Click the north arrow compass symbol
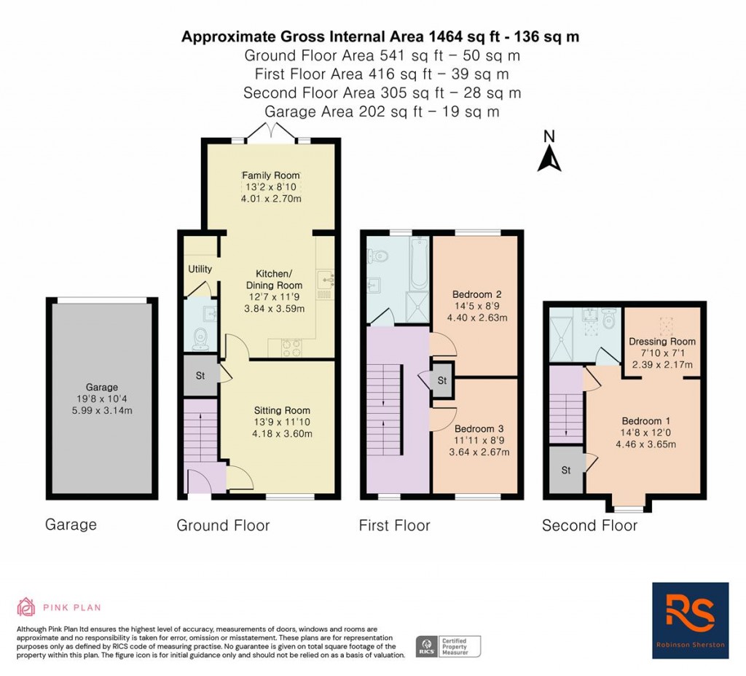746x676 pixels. coord(549,152)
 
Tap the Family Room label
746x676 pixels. coord(271,175)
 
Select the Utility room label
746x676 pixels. coord(200,269)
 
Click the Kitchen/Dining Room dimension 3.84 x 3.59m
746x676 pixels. coord(274,309)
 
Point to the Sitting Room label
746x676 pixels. coord(282,410)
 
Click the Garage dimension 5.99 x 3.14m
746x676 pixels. coord(102,410)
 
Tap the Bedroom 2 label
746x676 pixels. coord(476,294)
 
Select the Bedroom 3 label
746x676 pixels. coord(479,428)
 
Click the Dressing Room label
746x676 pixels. coord(661,341)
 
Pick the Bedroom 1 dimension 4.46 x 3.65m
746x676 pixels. coord(645,444)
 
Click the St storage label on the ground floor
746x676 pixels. coord(200,375)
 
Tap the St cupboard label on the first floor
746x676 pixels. coord(442,380)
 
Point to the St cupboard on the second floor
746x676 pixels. coord(565,470)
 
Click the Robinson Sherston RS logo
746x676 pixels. coord(690,621)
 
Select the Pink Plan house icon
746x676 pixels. coord(26,607)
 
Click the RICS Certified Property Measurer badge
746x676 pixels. coord(448,647)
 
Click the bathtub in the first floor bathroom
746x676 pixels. coord(419,262)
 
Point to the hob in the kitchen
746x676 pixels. coord(291,347)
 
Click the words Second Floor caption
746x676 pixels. coord(589,525)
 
